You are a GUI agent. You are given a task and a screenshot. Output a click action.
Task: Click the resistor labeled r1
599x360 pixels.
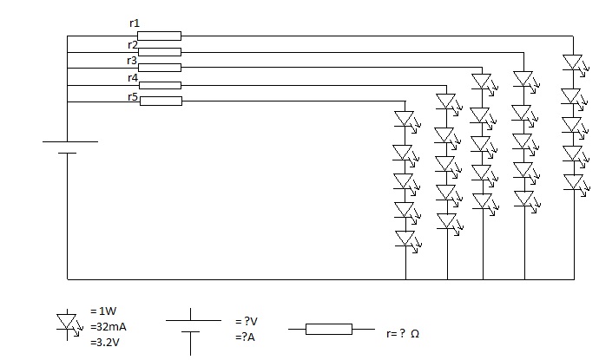pyautogui.click(x=160, y=36)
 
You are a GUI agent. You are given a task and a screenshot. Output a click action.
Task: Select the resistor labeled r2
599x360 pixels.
pyautogui.click(x=160, y=52)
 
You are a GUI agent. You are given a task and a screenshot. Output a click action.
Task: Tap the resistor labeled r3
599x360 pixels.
pyautogui.click(x=160, y=68)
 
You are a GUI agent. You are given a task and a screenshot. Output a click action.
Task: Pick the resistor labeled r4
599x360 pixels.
pyautogui.click(x=160, y=85)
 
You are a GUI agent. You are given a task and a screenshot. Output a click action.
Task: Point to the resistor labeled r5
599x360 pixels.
pyautogui.click(x=161, y=101)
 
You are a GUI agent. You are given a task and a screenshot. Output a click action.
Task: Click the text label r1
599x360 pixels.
pyautogui.click(x=135, y=23)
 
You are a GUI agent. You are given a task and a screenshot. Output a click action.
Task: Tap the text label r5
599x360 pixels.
pyautogui.click(x=133, y=97)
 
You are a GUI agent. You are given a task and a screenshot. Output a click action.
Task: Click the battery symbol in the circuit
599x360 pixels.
pyautogui.click(x=70, y=147)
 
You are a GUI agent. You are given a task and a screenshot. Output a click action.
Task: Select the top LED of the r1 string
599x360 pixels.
pyautogui.click(x=574, y=63)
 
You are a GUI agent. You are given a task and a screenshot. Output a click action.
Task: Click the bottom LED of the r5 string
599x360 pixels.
pyautogui.click(x=406, y=239)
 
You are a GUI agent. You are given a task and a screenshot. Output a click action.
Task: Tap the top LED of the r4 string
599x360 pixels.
pyautogui.click(x=447, y=102)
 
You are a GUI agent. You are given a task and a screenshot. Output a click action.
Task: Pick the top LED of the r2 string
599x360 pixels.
pyautogui.click(x=524, y=80)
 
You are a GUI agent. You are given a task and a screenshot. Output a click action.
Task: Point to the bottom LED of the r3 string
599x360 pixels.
pyautogui.click(x=483, y=202)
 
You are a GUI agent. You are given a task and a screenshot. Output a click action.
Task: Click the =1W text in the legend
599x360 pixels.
pyautogui.click(x=103, y=311)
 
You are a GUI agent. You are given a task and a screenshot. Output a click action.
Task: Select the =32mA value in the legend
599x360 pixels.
pyautogui.click(x=109, y=327)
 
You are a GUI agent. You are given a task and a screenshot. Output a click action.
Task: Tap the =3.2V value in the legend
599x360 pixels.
pyautogui.click(x=105, y=343)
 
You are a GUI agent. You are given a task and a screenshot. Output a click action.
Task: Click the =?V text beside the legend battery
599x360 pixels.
pyautogui.click(x=247, y=322)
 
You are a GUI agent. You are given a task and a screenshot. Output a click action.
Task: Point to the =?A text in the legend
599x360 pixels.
pyautogui.click(x=246, y=337)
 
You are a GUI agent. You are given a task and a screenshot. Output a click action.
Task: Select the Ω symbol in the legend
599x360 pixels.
pyautogui.click(x=415, y=334)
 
